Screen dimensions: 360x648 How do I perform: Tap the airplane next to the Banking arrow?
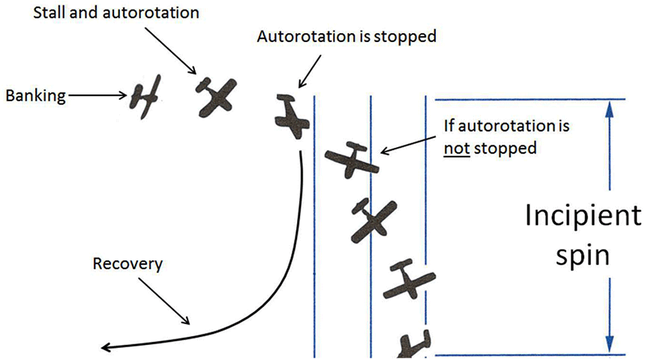[145, 93]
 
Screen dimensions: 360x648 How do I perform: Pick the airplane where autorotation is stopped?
[291, 116]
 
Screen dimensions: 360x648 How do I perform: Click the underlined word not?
[453, 148]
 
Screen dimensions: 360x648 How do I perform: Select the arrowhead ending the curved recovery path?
[107, 346]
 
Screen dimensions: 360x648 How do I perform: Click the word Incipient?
[583, 217]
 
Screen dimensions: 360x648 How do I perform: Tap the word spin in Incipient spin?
[583, 254]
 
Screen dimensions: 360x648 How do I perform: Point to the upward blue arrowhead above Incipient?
[610, 109]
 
